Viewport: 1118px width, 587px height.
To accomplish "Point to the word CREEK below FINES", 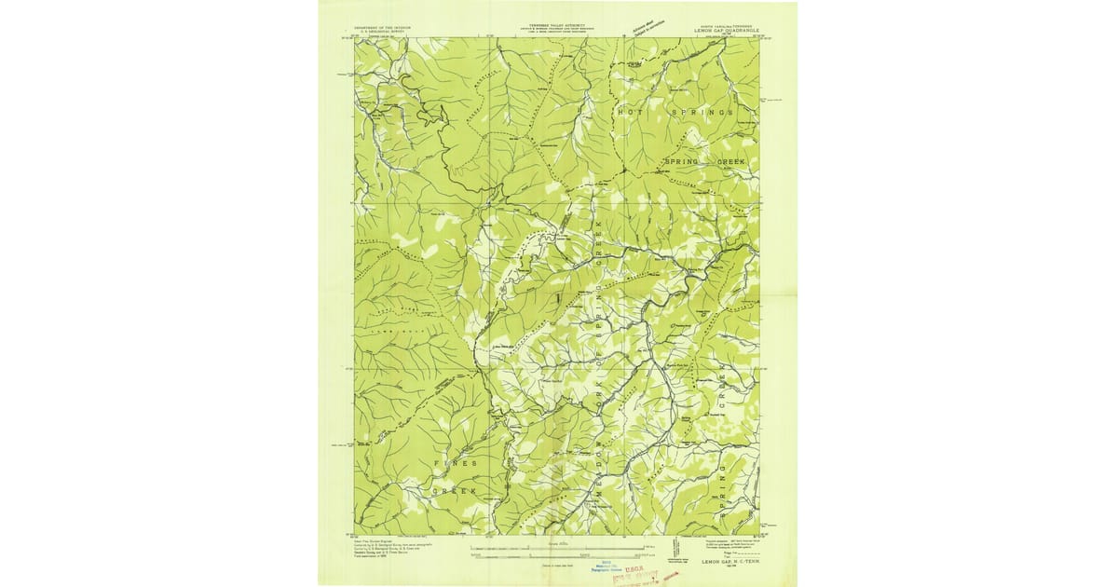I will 455,490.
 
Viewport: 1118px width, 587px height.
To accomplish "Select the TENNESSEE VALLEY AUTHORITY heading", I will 557,26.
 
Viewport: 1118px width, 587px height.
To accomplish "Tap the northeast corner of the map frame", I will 760,38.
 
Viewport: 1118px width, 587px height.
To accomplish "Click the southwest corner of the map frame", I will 354,534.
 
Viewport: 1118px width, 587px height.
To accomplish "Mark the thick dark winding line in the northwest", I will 438,140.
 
